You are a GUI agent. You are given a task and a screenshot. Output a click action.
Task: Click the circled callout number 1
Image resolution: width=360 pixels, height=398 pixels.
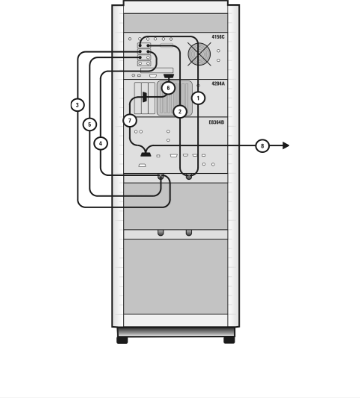198,98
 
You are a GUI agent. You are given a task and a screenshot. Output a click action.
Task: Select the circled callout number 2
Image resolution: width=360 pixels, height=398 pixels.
180,111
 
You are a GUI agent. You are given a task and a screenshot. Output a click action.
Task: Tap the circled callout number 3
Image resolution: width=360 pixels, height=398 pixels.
77,105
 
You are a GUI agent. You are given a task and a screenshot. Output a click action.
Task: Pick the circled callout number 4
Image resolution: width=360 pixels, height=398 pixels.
100,143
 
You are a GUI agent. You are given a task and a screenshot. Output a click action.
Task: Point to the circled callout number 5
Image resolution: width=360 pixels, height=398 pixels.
89,124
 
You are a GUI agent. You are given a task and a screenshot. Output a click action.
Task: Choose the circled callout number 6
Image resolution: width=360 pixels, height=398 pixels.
168,88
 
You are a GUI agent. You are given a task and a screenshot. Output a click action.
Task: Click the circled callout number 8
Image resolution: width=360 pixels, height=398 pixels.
262,146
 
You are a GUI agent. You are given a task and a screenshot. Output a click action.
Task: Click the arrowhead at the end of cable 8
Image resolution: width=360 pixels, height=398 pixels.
286,146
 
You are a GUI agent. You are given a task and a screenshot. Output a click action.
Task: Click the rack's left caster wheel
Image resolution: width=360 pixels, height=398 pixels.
122,340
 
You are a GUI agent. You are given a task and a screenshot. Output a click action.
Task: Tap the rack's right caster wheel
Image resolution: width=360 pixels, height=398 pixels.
229,340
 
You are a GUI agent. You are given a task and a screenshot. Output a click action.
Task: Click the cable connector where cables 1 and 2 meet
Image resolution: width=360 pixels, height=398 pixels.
189,177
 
